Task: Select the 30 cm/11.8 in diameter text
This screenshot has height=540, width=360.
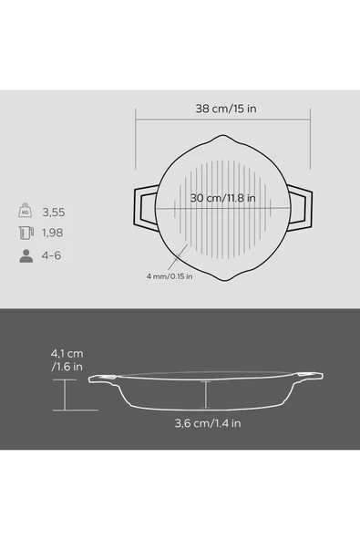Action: (x=222, y=198)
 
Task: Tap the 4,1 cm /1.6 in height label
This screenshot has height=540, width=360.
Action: (x=70, y=359)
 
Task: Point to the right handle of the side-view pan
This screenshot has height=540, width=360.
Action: (x=311, y=374)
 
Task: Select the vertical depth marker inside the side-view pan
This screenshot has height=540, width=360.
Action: (x=207, y=394)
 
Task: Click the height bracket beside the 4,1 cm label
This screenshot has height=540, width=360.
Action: (x=65, y=395)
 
